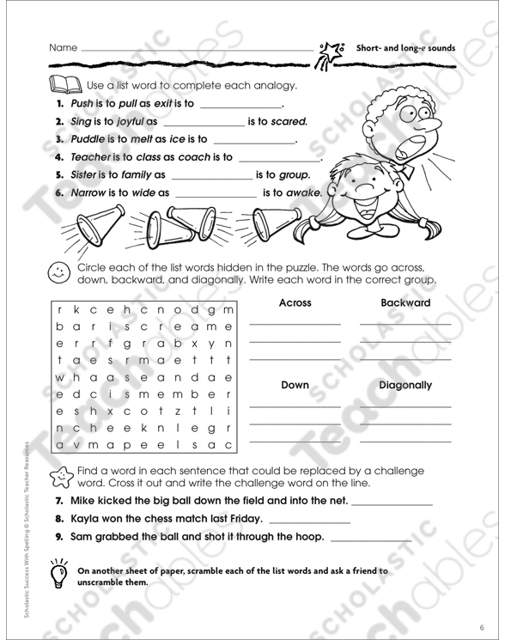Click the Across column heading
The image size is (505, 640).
(295, 303)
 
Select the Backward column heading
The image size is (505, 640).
(405, 303)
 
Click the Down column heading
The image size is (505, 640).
(295, 386)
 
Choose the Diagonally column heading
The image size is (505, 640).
(405, 386)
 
